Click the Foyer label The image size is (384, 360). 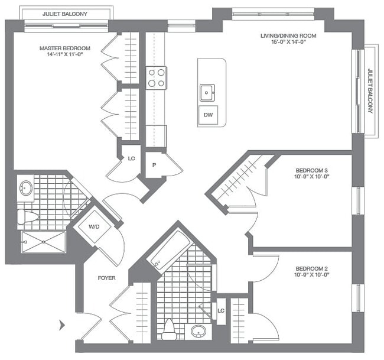[x=106, y=278]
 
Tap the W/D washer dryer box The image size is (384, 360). [x=94, y=226]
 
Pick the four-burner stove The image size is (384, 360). [x=156, y=78]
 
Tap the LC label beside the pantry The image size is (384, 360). [x=131, y=158]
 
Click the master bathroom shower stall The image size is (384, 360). [x=43, y=242]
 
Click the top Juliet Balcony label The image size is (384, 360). [x=65, y=13]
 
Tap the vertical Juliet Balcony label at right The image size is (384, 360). [x=370, y=91]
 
